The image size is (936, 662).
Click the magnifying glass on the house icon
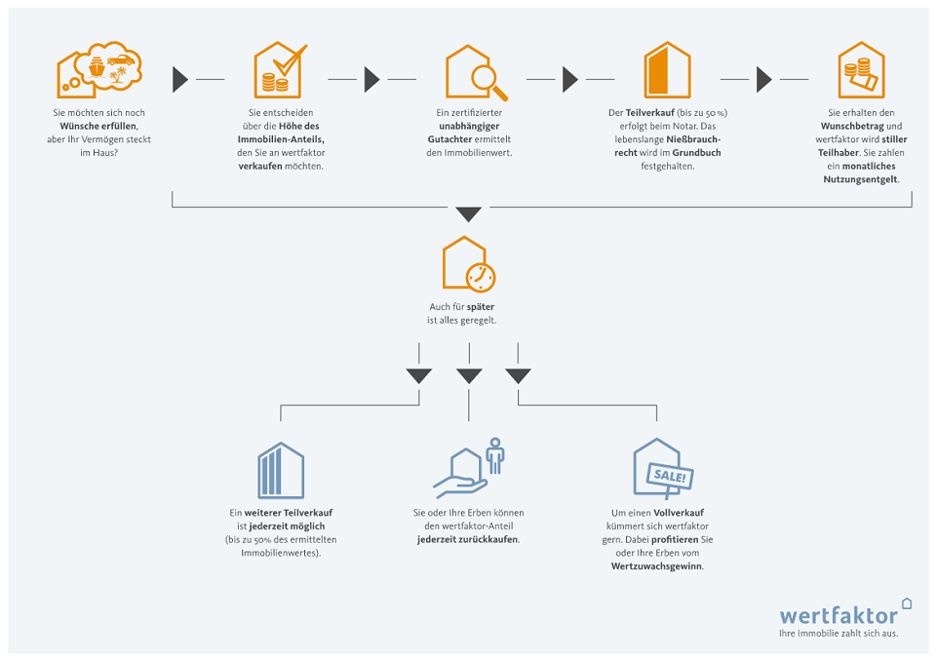(x=488, y=82)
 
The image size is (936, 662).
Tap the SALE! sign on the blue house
(x=670, y=477)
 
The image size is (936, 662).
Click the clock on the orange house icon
(x=481, y=278)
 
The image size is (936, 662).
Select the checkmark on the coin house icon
(x=291, y=60)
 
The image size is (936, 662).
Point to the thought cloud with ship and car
(x=115, y=65)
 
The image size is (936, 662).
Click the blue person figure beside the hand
(x=495, y=456)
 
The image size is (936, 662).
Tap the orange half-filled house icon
(x=667, y=70)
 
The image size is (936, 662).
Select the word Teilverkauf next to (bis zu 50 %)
(x=649, y=113)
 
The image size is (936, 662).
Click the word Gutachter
(x=449, y=139)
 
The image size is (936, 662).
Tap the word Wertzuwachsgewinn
(x=657, y=566)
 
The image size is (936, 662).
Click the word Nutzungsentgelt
(x=861, y=179)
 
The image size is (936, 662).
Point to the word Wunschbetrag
(x=852, y=127)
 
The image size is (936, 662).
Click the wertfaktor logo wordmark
(x=838, y=615)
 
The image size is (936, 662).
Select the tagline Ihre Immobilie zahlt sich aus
(x=838, y=634)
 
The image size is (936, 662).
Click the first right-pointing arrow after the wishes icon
(x=180, y=79)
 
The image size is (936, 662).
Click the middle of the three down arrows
(x=469, y=376)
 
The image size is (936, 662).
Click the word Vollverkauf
(x=679, y=513)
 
